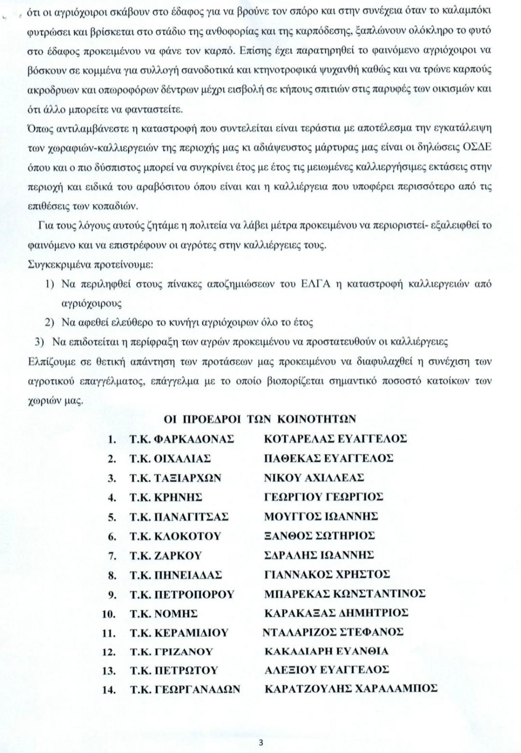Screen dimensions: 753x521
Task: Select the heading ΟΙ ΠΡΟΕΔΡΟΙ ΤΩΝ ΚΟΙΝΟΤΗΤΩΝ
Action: (x=260, y=420)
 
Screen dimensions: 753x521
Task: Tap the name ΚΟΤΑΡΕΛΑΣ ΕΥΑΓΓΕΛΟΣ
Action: (x=335, y=439)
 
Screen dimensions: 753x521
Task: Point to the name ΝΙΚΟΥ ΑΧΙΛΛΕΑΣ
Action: (x=314, y=478)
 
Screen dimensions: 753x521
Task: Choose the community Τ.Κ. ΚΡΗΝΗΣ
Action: (x=165, y=497)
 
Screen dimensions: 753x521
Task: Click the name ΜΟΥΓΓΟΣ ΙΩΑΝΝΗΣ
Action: (x=321, y=517)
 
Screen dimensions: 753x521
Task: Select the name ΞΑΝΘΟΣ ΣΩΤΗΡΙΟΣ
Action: (x=320, y=536)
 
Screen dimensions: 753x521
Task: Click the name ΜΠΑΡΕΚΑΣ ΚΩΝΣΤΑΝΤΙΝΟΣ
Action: (x=345, y=594)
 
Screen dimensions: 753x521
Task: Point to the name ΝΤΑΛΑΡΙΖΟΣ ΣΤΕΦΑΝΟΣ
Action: (x=333, y=632)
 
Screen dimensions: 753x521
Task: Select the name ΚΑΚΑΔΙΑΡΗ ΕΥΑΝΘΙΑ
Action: (x=327, y=651)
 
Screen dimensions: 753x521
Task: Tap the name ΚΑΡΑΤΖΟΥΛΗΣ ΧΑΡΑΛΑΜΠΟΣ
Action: (x=351, y=689)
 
